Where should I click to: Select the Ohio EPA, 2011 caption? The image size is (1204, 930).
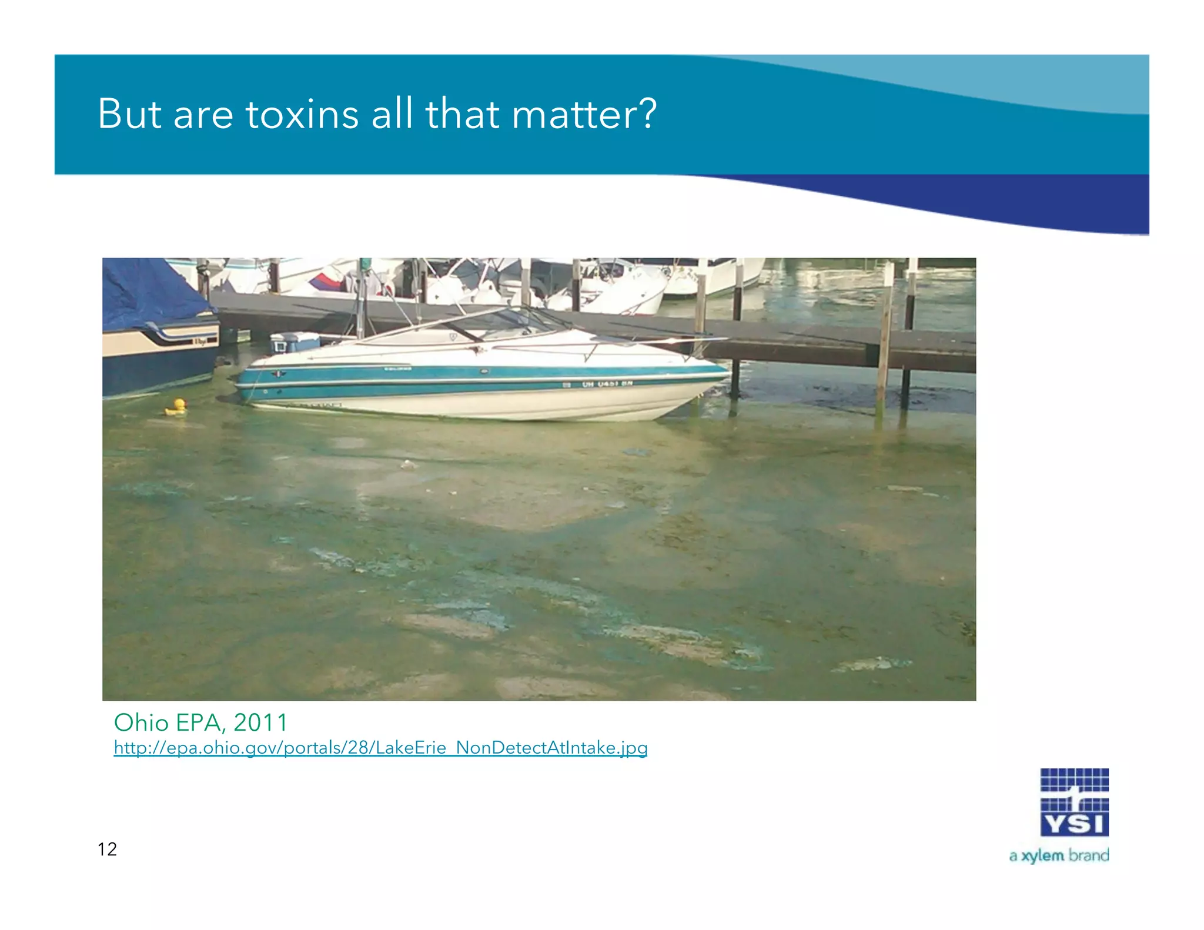point(200,722)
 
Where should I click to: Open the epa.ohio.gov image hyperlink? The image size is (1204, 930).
point(380,748)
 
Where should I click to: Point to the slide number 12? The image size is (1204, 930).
point(107,849)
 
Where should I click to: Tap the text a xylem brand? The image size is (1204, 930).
point(1059,855)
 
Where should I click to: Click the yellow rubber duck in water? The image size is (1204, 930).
point(177,407)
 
